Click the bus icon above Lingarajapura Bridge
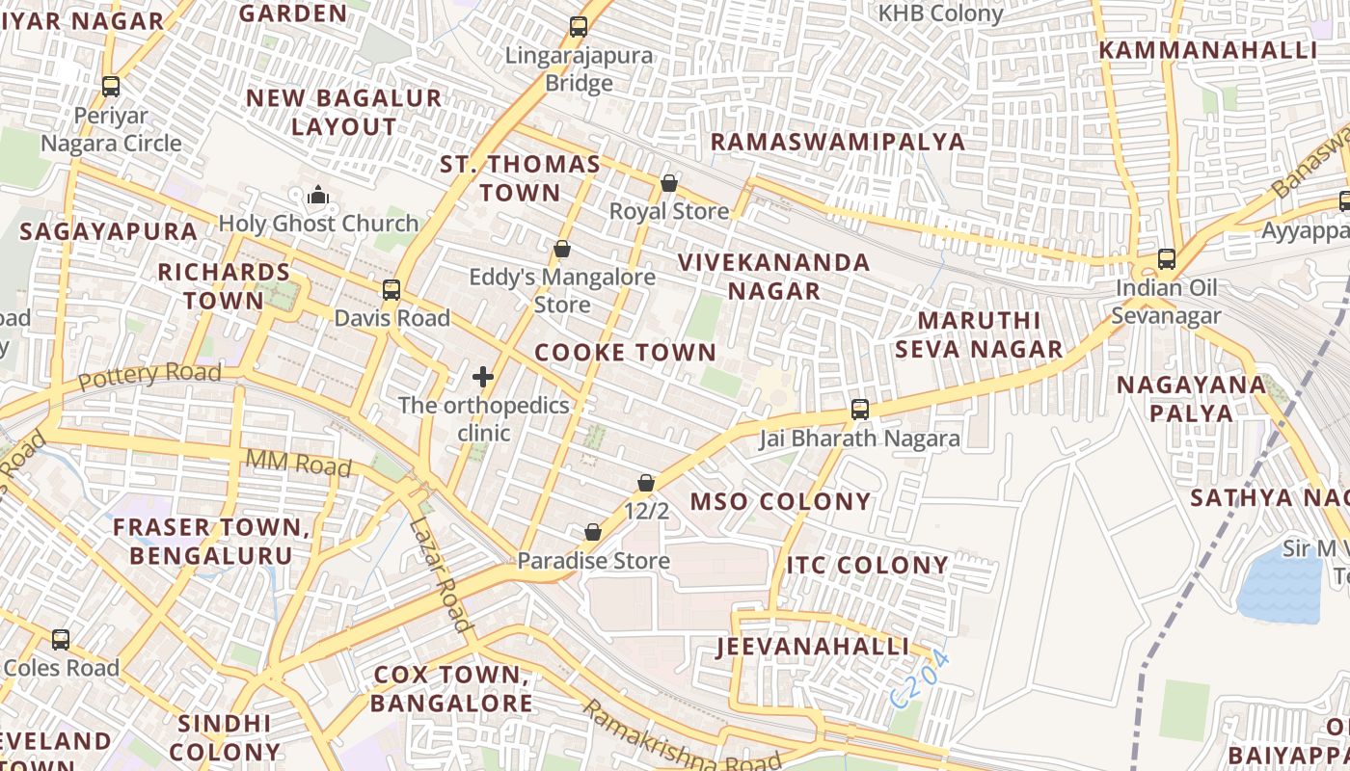click(579, 27)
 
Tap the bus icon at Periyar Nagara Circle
click(111, 87)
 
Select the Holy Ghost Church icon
click(318, 197)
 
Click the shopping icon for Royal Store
click(669, 183)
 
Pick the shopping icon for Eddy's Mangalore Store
click(562, 250)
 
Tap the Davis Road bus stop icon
click(391, 290)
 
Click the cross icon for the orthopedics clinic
click(484, 377)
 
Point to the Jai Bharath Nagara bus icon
click(860, 410)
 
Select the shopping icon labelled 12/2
click(646, 483)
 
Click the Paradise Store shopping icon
click(593, 532)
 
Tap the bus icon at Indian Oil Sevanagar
click(1167, 259)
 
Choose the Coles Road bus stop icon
click(61, 640)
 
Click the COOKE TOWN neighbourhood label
click(625, 353)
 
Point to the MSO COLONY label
click(780, 502)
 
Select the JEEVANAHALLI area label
click(812, 647)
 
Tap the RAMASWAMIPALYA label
click(837, 142)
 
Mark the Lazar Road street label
click(440, 575)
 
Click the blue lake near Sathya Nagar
click(1279, 588)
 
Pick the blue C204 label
click(920, 680)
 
